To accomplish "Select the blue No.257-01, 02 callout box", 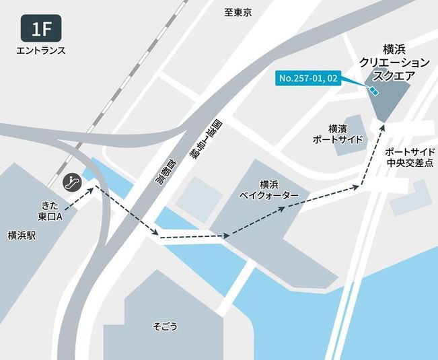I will (x=308, y=79).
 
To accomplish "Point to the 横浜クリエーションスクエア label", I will (x=395, y=62).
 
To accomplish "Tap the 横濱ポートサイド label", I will (x=338, y=133).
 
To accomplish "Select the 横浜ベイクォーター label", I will (x=266, y=188).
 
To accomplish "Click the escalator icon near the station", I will (x=73, y=181).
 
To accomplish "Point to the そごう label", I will (x=165, y=326).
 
